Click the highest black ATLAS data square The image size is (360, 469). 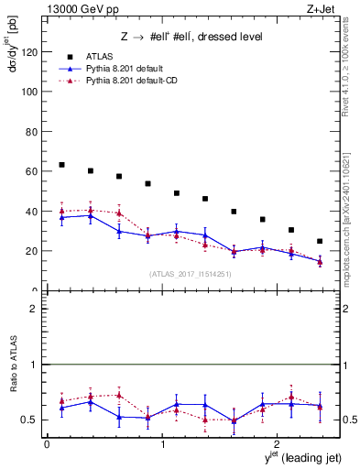click(x=61, y=165)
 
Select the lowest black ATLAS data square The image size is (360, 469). click(x=320, y=241)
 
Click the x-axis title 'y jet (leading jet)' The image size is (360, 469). click(x=292, y=458)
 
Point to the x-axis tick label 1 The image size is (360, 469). click(x=162, y=444)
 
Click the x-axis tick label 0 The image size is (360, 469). click(x=47, y=444)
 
